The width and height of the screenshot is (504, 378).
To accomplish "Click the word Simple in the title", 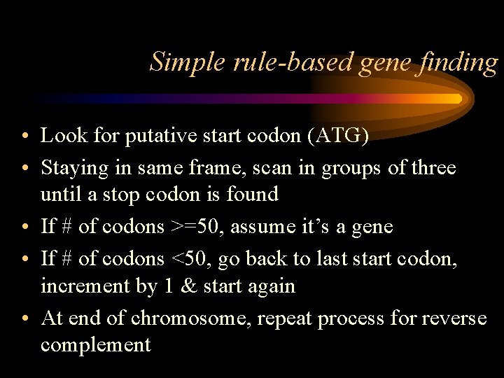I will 181,62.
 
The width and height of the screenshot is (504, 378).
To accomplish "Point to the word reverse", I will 454,318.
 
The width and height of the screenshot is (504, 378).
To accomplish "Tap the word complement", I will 95,344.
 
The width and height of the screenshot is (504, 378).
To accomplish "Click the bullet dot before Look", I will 24,136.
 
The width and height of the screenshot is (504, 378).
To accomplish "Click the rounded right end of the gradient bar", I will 458,99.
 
